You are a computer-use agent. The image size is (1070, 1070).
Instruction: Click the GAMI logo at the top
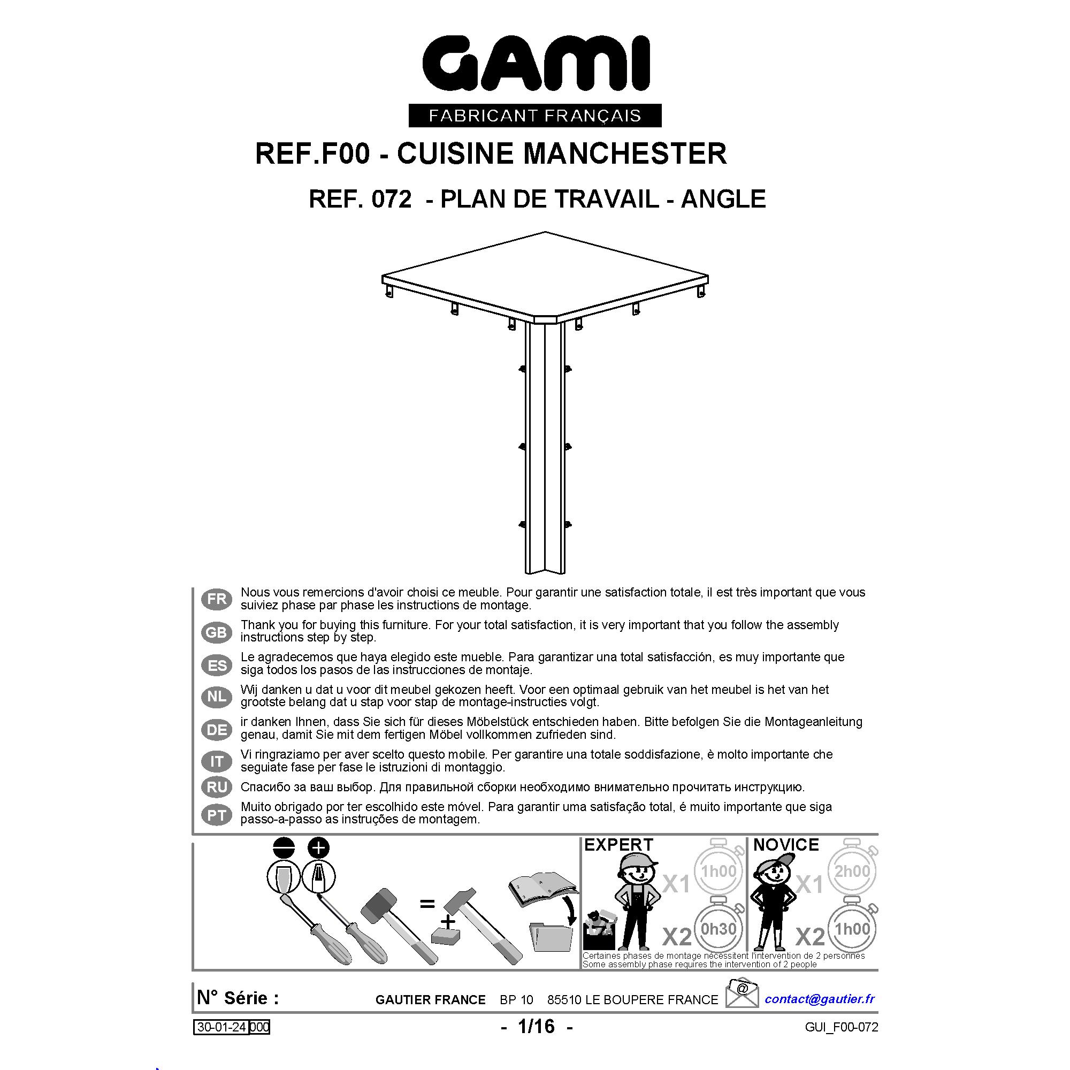point(535,80)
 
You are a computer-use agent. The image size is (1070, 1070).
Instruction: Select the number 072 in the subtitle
point(392,200)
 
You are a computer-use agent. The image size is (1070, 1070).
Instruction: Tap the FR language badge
point(217,599)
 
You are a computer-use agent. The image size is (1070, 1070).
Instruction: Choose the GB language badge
point(217,632)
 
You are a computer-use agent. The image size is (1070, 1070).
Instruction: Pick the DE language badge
point(217,730)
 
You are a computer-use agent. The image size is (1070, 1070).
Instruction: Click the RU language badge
point(217,787)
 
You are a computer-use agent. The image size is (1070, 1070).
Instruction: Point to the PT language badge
point(217,815)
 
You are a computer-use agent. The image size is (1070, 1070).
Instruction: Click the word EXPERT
point(618,845)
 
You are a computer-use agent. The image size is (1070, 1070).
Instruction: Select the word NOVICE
point(786,845)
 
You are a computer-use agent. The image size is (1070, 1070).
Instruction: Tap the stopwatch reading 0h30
point(719,928)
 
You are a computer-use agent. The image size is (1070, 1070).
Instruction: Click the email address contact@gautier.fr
point(820,999)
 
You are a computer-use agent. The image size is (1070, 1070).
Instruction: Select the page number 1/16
point(536,1026)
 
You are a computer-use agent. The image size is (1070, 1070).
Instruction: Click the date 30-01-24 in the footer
point(221,1027)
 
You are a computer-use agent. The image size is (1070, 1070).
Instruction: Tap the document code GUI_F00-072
point(842,1027)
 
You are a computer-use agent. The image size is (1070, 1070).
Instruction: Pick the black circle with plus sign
point(318,848)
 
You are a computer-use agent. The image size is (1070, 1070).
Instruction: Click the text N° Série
point(238,998)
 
